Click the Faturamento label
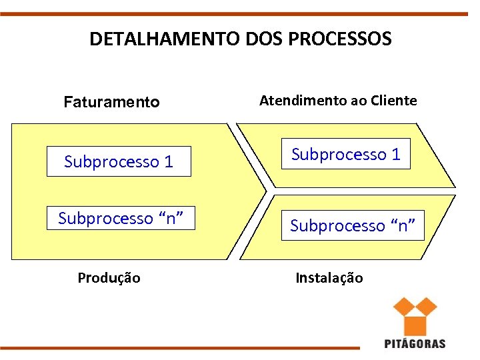111,102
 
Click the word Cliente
394,101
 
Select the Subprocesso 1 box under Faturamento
119,161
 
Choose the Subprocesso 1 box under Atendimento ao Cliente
345,155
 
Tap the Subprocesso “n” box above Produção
121,218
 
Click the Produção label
109,278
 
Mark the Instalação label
329,278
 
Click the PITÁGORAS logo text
415,344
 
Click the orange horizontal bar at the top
240,13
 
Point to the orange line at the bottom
180,347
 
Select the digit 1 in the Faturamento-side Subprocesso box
169,161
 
